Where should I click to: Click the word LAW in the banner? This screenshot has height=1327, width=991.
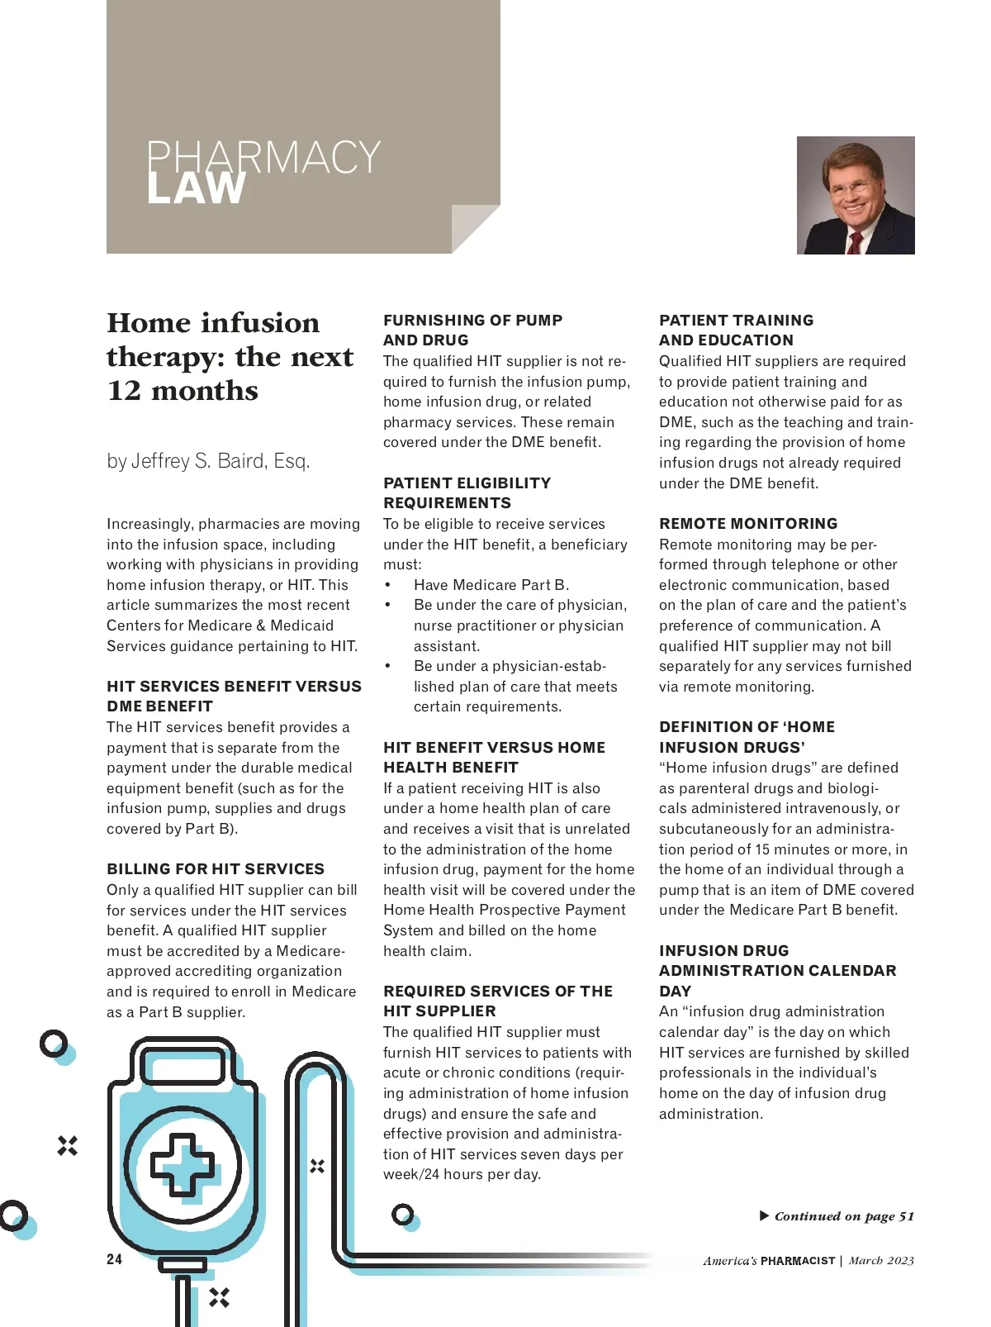point(196,189)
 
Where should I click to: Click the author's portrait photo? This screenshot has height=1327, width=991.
point(855,195)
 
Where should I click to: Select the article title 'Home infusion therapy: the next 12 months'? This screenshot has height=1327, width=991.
point(230,356)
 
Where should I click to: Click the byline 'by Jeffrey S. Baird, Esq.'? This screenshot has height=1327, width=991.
point(208,461)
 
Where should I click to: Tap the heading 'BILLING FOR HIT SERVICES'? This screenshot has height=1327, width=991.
point(216,869)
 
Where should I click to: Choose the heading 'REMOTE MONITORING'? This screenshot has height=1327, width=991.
point(747,524)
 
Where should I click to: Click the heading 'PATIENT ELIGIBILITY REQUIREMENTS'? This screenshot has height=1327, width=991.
point(467,493)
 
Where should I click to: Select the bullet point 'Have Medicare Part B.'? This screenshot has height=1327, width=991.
point(491,585)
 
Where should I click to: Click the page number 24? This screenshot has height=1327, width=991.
point(114,1259)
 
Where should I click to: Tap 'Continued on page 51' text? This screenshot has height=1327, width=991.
point(844,1216)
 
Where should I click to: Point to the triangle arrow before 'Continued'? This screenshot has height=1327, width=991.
point(764,1215)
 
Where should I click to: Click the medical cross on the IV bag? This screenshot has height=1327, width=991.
point(182,1165)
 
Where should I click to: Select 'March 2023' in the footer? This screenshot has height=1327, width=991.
point(881,1261)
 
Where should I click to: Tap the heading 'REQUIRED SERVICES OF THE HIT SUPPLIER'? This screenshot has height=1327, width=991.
point(497,1001)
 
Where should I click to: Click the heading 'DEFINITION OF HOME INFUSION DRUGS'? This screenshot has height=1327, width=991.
point(747,737)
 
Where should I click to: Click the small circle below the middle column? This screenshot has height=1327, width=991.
point(403,1215)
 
